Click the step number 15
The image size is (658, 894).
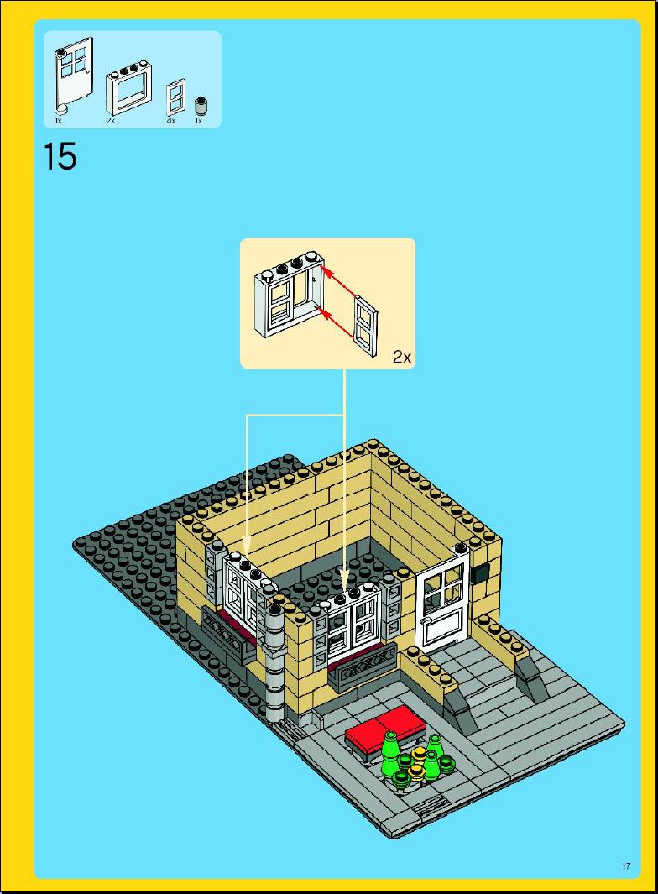point(60,156)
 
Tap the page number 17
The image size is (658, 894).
point(626,866)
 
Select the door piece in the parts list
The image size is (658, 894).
point(73,76)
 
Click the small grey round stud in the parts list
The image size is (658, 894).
point(200,105)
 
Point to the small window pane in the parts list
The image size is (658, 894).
point(176,97)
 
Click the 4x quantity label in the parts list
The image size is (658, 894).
point(171,121)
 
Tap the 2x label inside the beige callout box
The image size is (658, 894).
point(401,357)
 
